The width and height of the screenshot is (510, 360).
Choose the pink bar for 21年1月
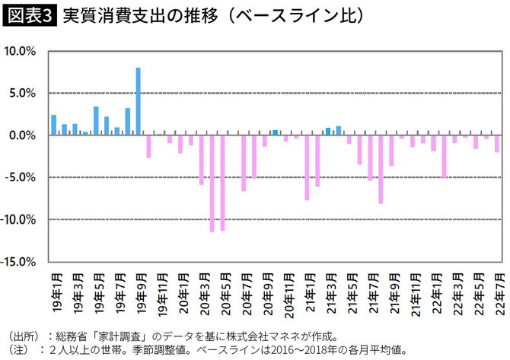tap(308, 167)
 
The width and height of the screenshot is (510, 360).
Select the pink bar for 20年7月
tap(244, 163)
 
